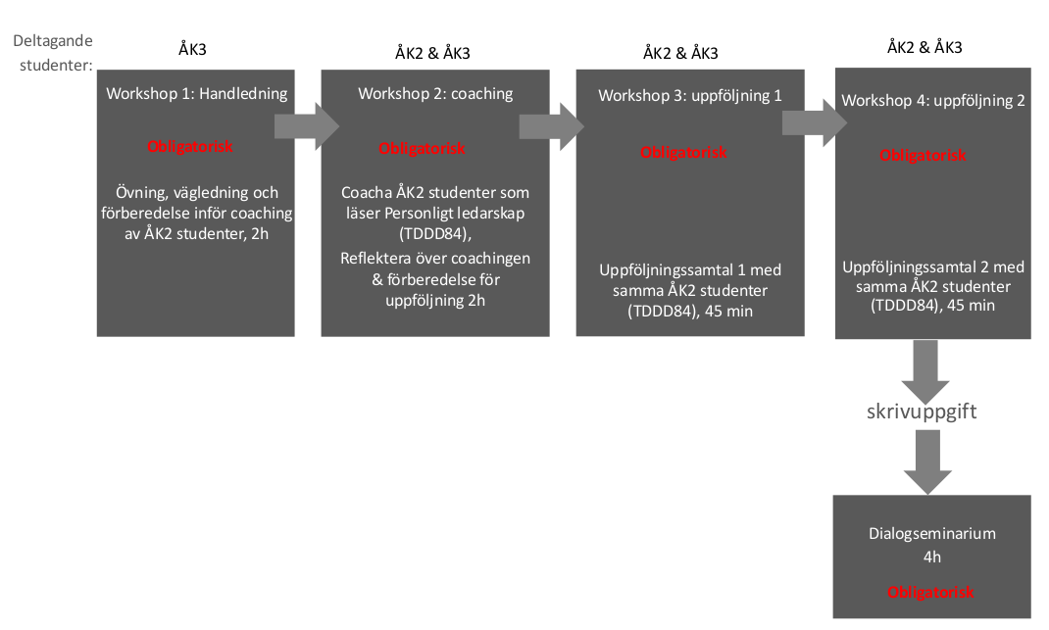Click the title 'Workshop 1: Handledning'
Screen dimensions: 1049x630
click(x=197, y=94)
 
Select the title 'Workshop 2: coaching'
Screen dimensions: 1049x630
click(x=435, y=94)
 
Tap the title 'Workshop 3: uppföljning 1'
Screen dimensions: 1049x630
click(x=690, y=96)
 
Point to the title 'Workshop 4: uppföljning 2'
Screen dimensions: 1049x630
click(x=933, y=100)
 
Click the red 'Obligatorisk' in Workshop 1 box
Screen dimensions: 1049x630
click(x=190, y=146)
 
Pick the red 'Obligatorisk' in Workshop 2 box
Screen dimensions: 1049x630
click(x=422, y=149)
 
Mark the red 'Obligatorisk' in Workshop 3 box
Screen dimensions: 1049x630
click(x=683, y=153)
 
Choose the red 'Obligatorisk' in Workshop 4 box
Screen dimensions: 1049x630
click(x=923, y=155)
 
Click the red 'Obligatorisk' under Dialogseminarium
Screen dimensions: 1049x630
click(x=930, y=592)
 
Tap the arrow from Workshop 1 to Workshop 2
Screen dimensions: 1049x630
click(x=307, y=125)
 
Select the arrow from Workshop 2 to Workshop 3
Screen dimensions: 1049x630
click(x=552, y=125)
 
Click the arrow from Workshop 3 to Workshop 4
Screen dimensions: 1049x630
click(x=815, y=122)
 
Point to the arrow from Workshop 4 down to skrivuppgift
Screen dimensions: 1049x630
click(x=925, y=371)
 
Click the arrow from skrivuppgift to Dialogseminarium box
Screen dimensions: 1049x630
click(x=927, y=462)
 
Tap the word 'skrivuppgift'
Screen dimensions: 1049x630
click(x=922, y=412)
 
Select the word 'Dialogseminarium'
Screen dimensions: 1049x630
click(x=932, y=534)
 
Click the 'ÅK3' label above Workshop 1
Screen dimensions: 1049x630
click(x=193, y=49)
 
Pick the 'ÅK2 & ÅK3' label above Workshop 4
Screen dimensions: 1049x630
click(x=924, y=47)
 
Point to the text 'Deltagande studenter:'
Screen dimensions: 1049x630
click(x=54, y=53)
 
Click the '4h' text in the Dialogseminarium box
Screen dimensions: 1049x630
click(x=932, y=557)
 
